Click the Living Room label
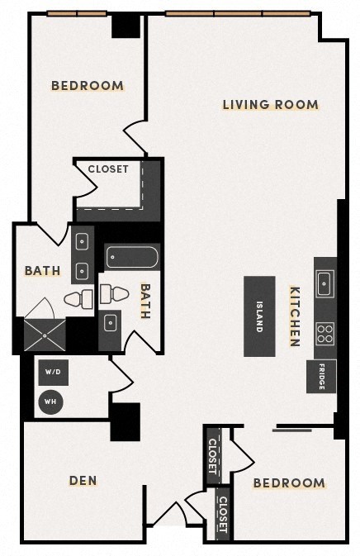(270, 105)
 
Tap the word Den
(83, 480)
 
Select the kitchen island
(258, 316)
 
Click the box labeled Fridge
(321, 377)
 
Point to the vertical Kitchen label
(294, 316)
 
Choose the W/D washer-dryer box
(53, 373)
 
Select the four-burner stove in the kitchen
(325, 333)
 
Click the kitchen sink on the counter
(324, 282)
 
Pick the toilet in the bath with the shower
(78, 298)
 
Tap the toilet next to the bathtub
(115, 292)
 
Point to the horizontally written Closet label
(109, 169)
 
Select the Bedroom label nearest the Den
(289, 483)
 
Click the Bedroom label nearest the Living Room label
(88, 85)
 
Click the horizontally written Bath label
(41, 271)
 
